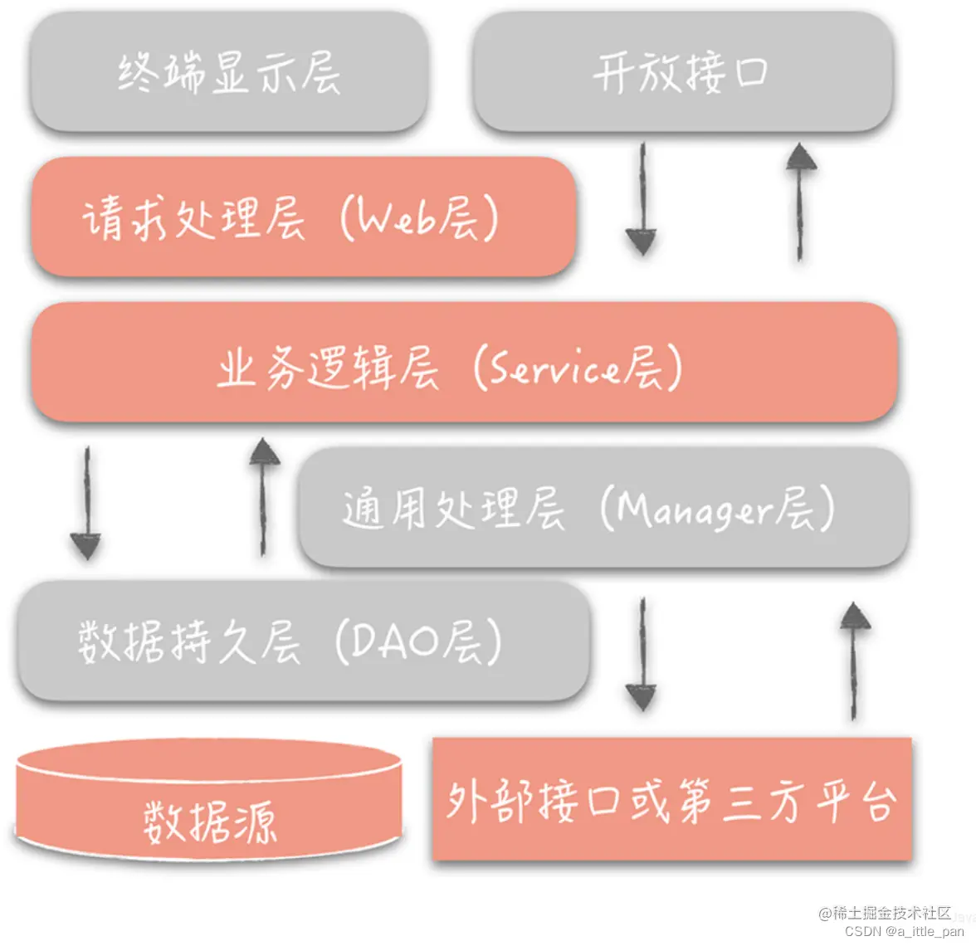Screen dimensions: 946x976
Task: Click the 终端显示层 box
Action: pyautogui.click(x=229, y=73)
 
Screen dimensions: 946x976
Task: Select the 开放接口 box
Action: pyautogui.click(x=682, y=73)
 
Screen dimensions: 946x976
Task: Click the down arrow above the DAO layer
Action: pyautogui.click(x=86, y=503)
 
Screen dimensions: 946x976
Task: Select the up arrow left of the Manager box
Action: pyautogui.click(x=264, y=496)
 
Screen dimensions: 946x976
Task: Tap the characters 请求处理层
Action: pyautogui.click(x=193, y=219)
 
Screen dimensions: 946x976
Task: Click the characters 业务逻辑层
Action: pyautogui.click(x=327, y=368)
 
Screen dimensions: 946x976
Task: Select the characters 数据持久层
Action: pyautogui.click(x=189, y=641)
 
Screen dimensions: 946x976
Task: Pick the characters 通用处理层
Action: pyautogui.click(x=452, y=509)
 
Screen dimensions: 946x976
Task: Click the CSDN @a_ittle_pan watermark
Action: pyautogui.click(x=905, y=932)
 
